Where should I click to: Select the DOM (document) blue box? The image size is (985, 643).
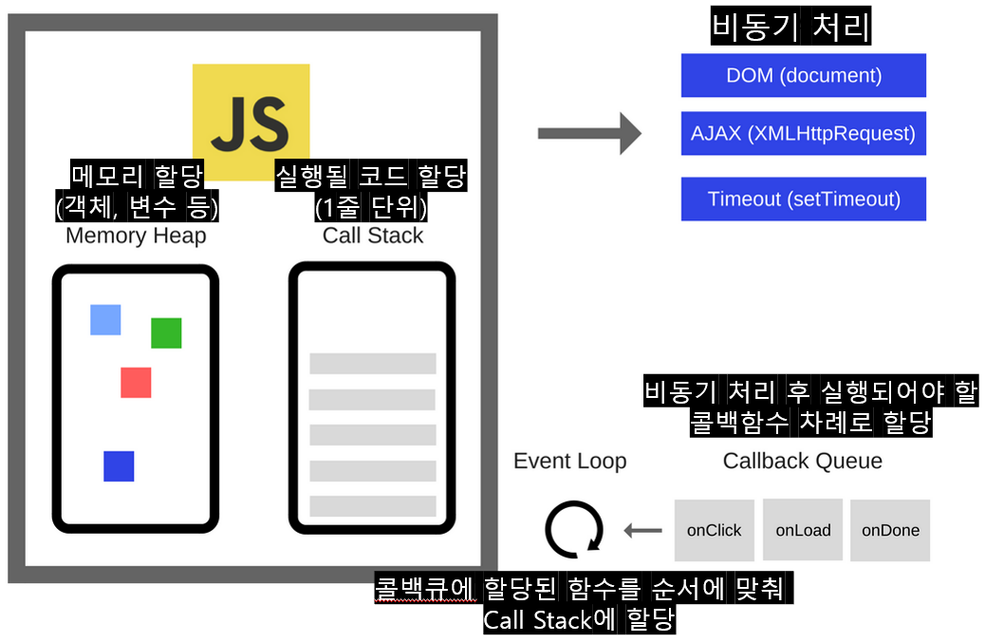click(x=803, y=75)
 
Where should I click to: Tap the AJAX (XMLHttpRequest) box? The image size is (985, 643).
click(x=803, y=134)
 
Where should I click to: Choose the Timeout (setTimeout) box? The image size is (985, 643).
click(x=803, y=199)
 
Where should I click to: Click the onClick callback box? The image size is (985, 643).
click(x=714, y=530)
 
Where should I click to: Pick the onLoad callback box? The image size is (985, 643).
click(x=802, y=530)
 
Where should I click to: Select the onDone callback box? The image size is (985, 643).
click(x=890, y=530)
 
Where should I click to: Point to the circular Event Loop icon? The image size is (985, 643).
click(x=574, y=530)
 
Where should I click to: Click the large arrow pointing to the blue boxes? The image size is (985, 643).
click(x=589, y=133)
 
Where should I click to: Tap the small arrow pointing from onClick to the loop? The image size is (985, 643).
click(x=643, y=530)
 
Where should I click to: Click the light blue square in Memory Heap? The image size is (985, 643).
click(x=105, y=320)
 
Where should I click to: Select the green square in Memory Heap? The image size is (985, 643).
click(x=166, y=333)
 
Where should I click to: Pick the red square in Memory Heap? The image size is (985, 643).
click(x=136, y=383)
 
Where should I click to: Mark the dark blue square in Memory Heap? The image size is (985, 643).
click(x=119, y=466)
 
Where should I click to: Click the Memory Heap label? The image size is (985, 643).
click(x=136, y=236)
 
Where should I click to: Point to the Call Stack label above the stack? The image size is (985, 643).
click(x=373, y=236)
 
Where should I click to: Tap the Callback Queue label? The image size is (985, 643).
click(x=802, y=462)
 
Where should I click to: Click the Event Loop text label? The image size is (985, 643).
click(x=569, y=462)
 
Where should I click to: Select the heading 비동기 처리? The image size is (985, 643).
click(x=790, y=28)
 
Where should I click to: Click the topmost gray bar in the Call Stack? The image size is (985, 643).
click(x=372, y=364)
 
